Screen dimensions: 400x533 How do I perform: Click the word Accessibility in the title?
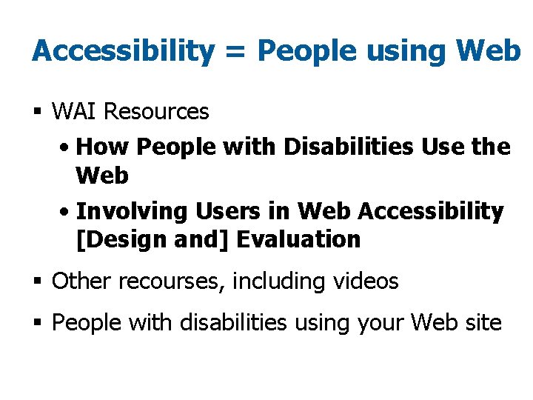pyautogui.click(x=122, y=51)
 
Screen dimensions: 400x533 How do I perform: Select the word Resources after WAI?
pyautogui.click(x=156, y=112)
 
